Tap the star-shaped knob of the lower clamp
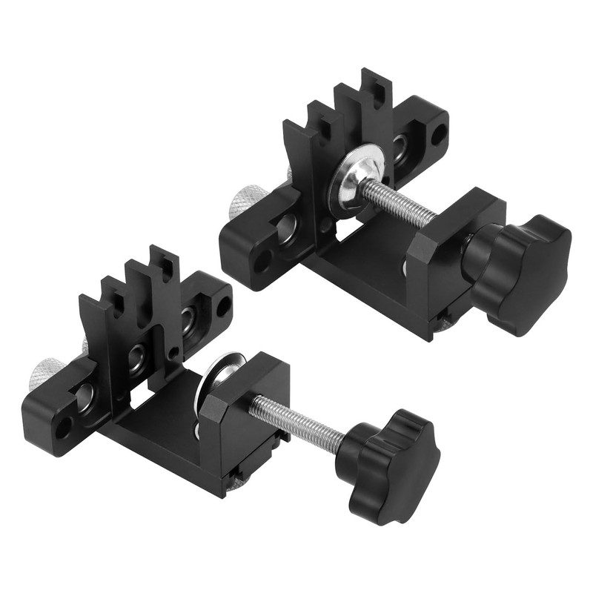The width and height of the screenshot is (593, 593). point(389,464)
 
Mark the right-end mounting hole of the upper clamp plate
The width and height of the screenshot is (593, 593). point(439,134)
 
